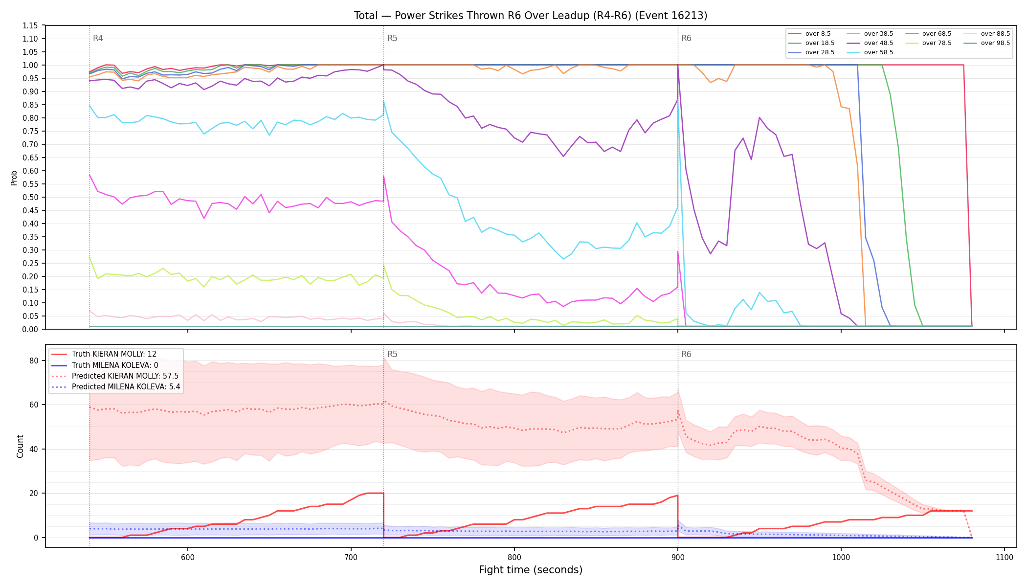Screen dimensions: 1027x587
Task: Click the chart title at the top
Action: coord(531,16)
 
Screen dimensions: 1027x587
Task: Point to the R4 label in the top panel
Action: coord(98,38)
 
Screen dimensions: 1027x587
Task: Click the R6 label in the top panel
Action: coord(686,38)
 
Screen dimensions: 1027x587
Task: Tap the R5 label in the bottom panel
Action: coord(392,354)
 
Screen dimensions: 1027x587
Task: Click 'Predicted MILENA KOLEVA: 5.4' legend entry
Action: coord(115,387)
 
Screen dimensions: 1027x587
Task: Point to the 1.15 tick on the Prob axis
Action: coord(30,25)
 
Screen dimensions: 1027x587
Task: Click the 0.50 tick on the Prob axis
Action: coord(30,197)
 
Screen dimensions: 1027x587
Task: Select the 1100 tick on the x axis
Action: coord(1004,557)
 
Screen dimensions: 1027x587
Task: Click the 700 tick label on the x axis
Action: coord(351,557)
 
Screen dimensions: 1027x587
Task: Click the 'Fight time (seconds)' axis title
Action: coord(531,570)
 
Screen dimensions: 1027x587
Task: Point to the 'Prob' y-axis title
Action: coord(14,178)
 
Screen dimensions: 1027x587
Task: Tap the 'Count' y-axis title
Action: coord(20,446)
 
